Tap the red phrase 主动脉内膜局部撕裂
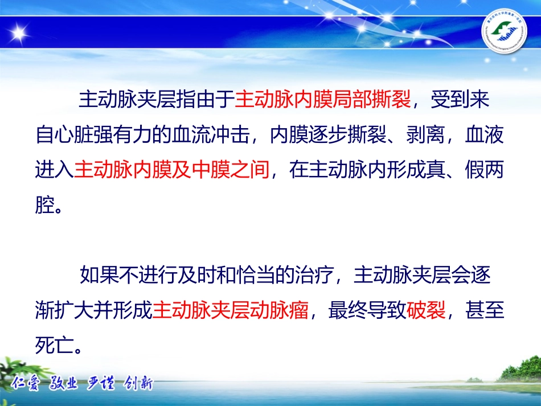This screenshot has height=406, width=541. click(x=322, y=100)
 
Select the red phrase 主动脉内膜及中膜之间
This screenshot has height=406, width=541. click(x=171, y=170)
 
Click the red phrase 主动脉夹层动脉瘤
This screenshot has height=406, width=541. click(x=231, y=311)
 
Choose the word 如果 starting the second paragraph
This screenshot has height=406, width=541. click(x=93, y=276)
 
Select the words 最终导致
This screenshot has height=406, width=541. click(x=367, y=311)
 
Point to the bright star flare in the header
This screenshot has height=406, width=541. click(x=19, y=32)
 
